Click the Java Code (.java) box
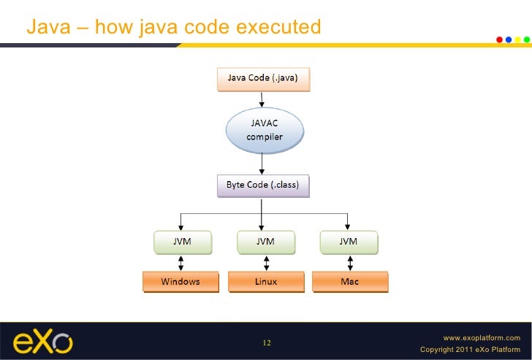pyautogui.click(x=263, y=79)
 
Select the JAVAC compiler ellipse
pyautogui.click(x=262, y=130)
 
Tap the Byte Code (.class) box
pyautogui.click(x=263, y=185)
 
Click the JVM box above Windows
pyautogui.click(x=182, y=242)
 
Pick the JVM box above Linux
pyautogui.click(x=265, y=242)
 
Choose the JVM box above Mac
pyautogui.click(x=349, y=242)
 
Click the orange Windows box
pyautogui.click(x=180, y=281)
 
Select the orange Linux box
pyautogui.click(x=265, y=281)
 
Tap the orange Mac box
pyautogui.click(x=349, y=281)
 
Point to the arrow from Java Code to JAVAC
pyautogui.click(x=262, y=100)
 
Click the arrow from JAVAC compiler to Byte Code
pyautogui.click(x=262, y=163)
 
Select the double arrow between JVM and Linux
pyautogui.click(x=265, y=261)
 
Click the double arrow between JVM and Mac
pyautogui.click(x=349, y=261)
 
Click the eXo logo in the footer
pyautogui.click(x=42, y=342)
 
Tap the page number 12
pyautogui.click(x=266, y=343)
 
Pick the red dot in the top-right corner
pyautogui.click(x=500, y=39)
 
